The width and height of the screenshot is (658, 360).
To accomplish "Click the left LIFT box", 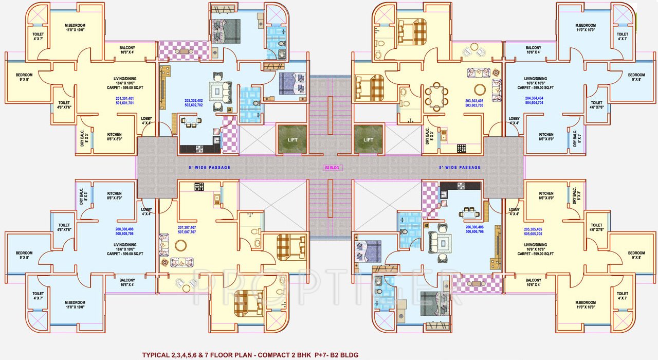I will pos(292,139).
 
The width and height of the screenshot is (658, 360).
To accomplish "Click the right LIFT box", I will pos(368,139).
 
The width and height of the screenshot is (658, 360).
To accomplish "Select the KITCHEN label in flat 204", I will pos(546,135).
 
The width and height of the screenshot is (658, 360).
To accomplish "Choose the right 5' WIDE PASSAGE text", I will pos(460,168).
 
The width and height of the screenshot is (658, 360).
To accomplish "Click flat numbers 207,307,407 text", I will pos(187,229).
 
